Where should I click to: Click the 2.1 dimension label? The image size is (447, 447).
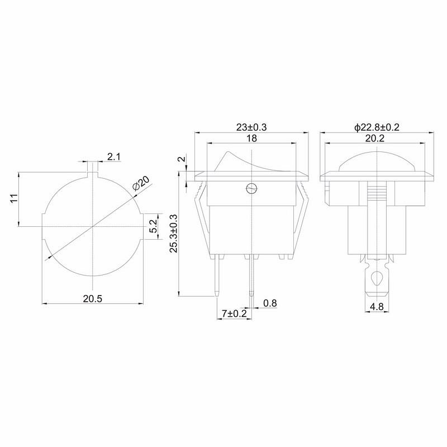pos(114,157)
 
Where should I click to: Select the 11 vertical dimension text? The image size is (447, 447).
pos(14,198)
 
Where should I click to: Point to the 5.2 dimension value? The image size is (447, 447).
pos(153,226)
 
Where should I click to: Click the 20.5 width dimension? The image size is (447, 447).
pos(92,299)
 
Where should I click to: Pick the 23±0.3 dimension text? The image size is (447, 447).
pos(251,127)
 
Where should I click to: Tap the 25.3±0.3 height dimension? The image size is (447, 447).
pos(174,234)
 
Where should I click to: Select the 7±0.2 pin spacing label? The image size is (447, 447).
pos(234,314)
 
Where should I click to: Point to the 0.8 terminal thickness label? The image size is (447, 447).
pos(270,303)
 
